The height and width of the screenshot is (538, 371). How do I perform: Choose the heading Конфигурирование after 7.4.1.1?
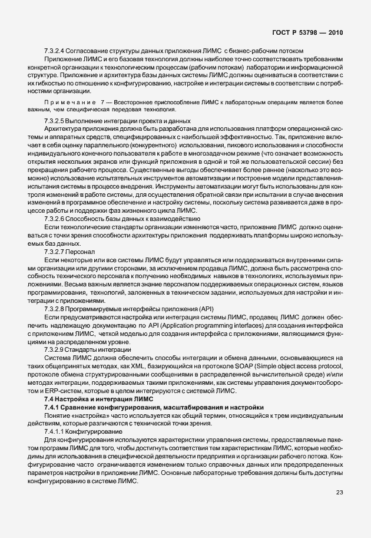pos(98,431)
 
